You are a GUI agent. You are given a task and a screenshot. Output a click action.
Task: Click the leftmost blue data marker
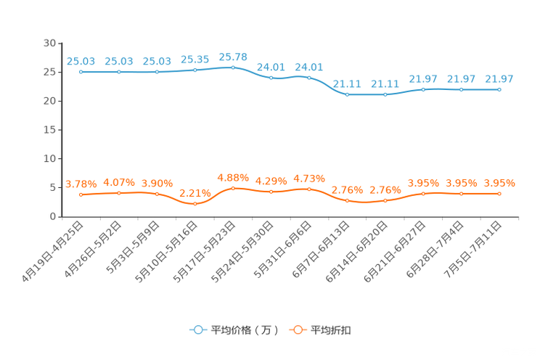click(x=81, y=71)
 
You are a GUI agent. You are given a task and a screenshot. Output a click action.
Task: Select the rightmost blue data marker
click(x=499, y=89)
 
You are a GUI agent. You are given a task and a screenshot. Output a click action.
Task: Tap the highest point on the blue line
click(x=233, y=67)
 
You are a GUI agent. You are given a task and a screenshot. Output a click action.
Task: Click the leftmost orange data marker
click(x=81, y=195)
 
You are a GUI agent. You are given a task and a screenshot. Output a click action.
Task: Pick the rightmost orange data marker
click(x=499, y=194)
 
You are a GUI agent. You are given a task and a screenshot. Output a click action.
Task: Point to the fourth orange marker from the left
click(x=195, y=204)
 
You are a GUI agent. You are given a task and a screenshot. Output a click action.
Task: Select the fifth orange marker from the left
click(x=233, y=189)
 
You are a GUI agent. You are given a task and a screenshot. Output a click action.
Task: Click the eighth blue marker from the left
click(x=348, y=94)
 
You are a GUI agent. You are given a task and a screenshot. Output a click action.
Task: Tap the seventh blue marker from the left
click(x=309, y=77)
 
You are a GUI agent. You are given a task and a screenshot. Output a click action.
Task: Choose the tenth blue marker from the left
click(x=423, y=89)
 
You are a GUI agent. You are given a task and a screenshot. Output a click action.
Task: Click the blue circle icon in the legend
click(x=197, y=330)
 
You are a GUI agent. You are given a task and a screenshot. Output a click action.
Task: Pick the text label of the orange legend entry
click(x=332, y=330)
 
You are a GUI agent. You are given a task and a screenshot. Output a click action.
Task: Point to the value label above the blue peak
click(x=233, y=56)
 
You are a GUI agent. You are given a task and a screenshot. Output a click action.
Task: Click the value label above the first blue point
click(x=81, y=61)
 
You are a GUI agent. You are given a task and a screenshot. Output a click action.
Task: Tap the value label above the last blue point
click(x=499, y=78)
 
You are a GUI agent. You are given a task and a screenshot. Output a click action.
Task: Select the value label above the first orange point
click(x=81, y=184)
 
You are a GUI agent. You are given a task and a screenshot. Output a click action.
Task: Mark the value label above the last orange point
click(x=499, y=184)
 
